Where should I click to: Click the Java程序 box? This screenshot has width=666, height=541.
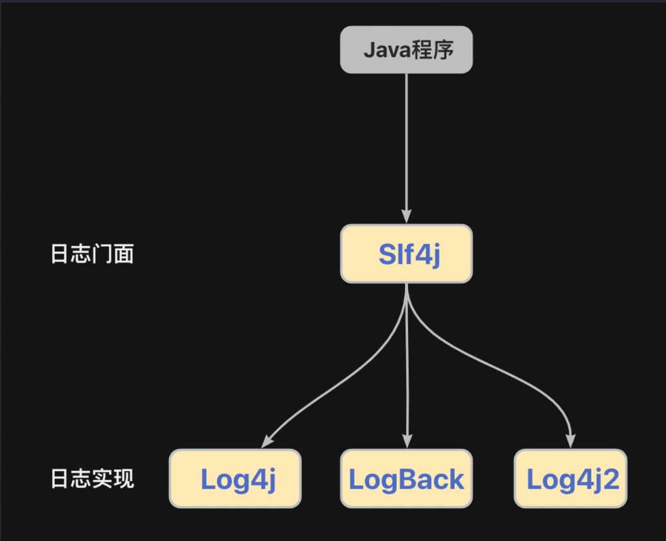[x=407, y=50]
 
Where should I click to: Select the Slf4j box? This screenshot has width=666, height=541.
[x=407, y=254]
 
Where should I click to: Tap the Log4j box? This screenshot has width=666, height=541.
[x=235, y=479]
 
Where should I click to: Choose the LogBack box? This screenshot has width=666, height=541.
[x=407, y=479]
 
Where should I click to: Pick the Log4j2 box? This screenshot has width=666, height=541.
[x=571, y=479]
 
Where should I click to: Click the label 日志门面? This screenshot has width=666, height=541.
[x=92, y=254]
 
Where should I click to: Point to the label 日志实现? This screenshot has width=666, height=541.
[x=92, y=479]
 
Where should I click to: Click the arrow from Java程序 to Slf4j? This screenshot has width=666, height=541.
[x=407, y=149]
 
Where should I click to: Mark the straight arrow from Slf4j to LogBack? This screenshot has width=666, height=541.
[x=407, y=366]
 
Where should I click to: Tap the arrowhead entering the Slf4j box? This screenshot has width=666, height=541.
[x=407, y=217]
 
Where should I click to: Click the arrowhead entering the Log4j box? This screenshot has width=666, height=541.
[x=267, y=442]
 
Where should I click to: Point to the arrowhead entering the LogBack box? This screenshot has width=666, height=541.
[x=407, y=441]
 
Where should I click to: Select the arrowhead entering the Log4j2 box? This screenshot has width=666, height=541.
[x=571, y=441]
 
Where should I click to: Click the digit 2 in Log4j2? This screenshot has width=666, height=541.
[x=611, y=479]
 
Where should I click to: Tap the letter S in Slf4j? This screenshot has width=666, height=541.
[x=387, y=254]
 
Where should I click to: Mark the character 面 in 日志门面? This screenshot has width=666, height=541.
[x=124, y=254]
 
